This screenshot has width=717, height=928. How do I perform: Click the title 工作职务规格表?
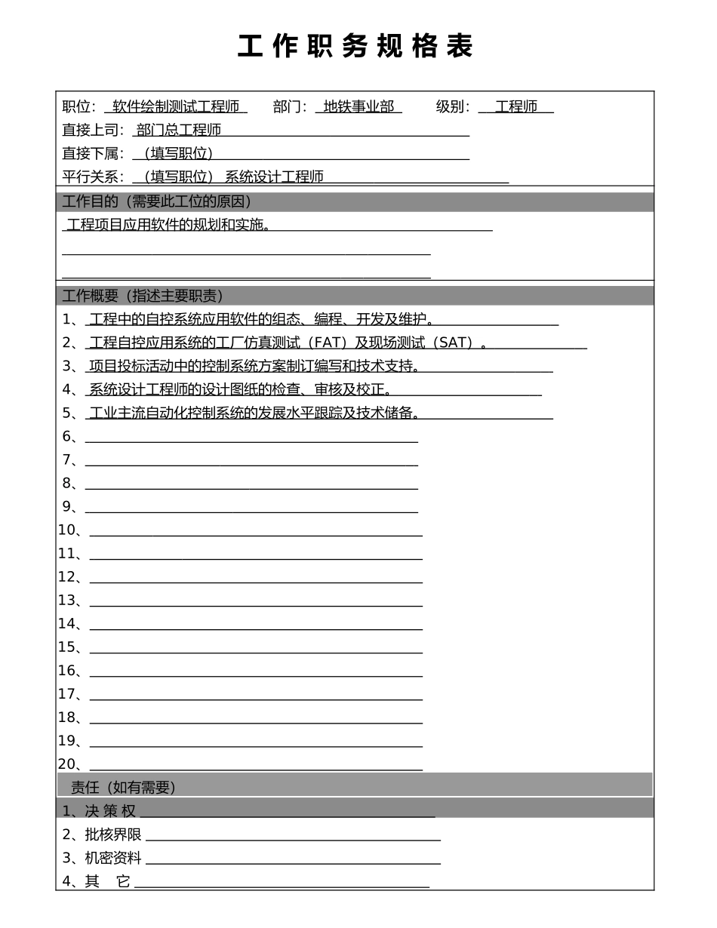[355, 47]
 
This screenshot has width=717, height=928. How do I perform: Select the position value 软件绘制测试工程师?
[175, 107]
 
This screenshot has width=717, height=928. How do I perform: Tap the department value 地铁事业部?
[358, 107]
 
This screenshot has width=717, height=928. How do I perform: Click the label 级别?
[451, 107]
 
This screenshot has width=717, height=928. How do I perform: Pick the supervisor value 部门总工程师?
[179, 131]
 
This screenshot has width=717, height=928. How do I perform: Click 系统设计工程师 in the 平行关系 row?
[274, 177]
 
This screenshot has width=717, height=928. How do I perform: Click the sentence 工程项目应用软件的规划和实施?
[169, 225]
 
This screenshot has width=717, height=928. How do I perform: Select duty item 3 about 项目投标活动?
[254, 367]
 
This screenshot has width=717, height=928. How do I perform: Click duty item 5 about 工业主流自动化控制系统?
[254, 413]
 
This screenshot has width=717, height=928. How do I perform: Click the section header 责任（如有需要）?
[123, 788]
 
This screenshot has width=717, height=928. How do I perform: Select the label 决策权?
[110, 812]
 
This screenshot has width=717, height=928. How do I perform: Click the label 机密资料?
[113, 859]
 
